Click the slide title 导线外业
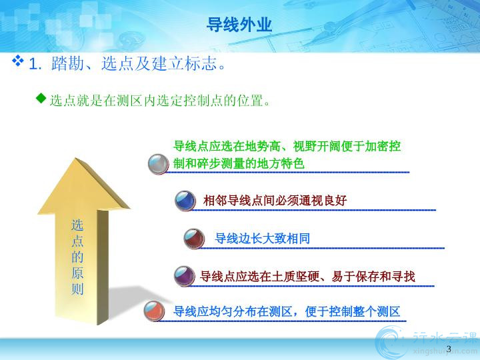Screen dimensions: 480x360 pos(239,25)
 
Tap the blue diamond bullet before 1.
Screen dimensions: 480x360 pos(18,61)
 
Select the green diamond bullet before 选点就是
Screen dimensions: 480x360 pos(41,98)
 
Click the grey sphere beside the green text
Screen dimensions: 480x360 pos(158,165)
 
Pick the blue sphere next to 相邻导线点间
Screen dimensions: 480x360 pos(185,201)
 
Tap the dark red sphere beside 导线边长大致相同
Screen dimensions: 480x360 pos(194,239)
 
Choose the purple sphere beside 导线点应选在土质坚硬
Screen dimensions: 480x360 pos(185,277)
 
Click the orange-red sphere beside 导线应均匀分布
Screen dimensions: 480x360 pos(154,311)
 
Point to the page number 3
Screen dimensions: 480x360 pos(449,349)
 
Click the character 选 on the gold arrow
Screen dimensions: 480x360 pos(77,225)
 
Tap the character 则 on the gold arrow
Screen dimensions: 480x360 pos(77,289)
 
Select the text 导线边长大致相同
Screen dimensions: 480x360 pos(263,239)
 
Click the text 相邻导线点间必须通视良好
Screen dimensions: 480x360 pos(275,201)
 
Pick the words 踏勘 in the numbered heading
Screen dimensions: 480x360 pos(67,64)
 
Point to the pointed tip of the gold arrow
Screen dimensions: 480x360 pos(75,158)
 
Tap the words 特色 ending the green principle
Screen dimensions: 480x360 pos(293,163)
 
